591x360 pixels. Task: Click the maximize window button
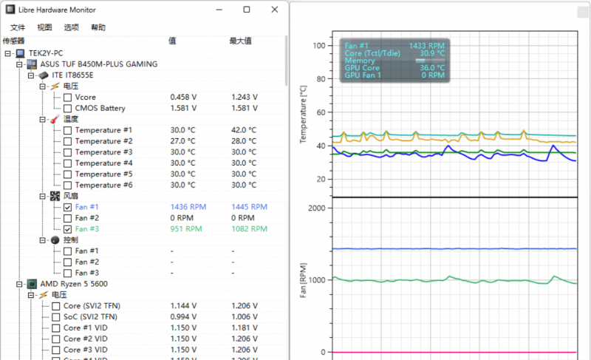tap(247, 10)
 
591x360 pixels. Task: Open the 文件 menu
tap(18, 27)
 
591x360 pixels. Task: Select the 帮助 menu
tap(98, 27)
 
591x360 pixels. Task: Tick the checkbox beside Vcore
tap(68, 98)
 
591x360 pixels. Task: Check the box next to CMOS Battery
tap(68, 109)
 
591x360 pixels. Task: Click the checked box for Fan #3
tap(68, 229)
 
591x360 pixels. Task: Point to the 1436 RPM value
tap(186, 207)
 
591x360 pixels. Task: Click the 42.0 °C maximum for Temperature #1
tap(243, 130)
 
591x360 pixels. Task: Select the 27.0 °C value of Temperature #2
tap(182, 141)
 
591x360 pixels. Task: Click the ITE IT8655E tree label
tap(72, 75)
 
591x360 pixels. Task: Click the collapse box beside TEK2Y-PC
tap(7, 54)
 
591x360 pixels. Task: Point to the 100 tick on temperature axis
tap(319, 46)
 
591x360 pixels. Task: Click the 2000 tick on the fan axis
tap(317, 208)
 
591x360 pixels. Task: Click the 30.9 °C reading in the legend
tap(432, 53)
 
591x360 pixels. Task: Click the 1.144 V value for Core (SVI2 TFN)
tap(182, 306)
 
